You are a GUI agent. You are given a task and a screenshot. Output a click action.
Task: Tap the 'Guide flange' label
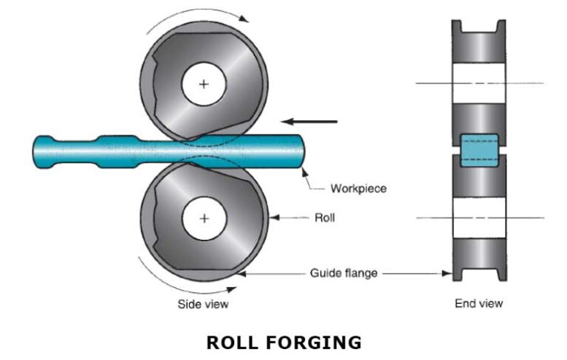[x=343, y=274]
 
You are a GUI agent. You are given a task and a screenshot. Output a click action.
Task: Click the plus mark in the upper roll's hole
[x=204, y=84]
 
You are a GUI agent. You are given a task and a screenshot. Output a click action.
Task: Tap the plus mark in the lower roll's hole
[x=204, y=218]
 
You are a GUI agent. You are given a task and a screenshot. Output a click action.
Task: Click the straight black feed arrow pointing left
[x=309, y=122]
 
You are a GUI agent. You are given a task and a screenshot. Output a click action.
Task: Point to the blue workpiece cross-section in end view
[x=479, y=151]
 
